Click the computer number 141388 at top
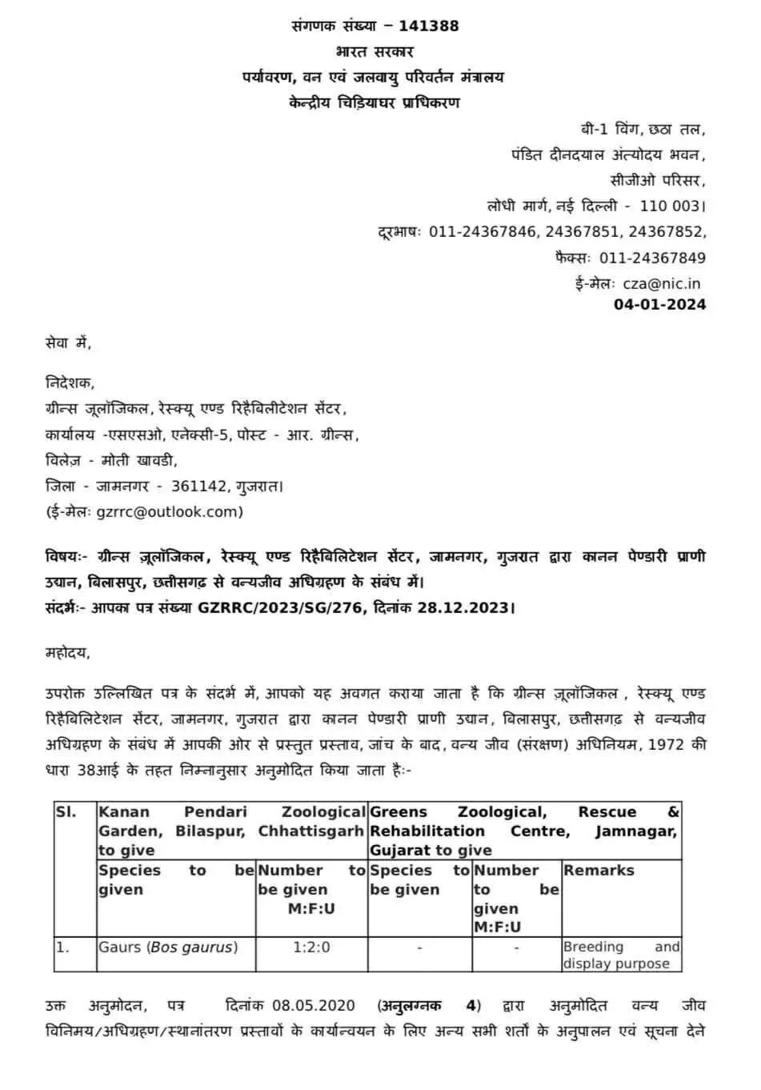tap(428, 26)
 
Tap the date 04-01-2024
tap(659, 304)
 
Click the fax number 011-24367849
tap(652, 258)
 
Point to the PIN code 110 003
tap(670, 206)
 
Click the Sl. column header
tap(66, 812)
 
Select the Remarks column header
tap(599, 871)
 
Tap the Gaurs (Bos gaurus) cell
tap(168, 948)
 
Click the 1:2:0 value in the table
tap(311, 948)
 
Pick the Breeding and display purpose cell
tap(621, 956)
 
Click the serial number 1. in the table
tap(63, 948)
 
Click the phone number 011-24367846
tap(483, 232)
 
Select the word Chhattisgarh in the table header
tap(310, 832)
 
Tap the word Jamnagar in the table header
tap(635, 832)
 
